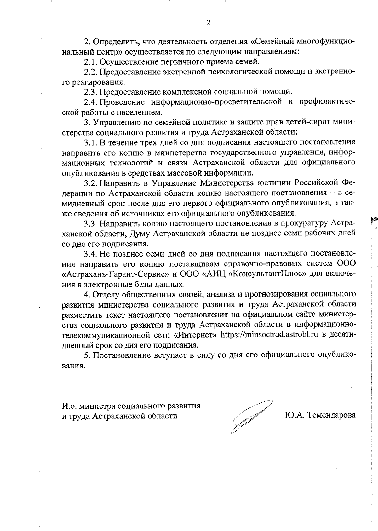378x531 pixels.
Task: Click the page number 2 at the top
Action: (x=208, y=22)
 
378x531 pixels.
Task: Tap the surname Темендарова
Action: (x=332, y=415)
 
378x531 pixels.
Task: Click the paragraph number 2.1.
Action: (x=91, y=61)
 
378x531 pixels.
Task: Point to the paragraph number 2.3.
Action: (x=91, y=92)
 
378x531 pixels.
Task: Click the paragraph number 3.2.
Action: (x=91, y=183)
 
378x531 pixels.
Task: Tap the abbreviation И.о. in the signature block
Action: (x=69, y=406)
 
